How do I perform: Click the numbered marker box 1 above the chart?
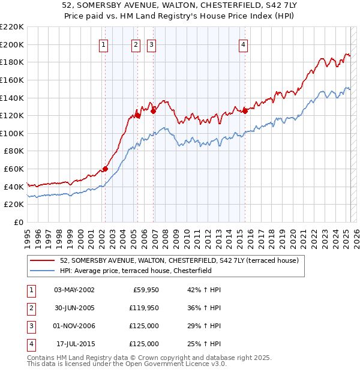104,44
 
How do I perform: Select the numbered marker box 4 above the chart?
243,44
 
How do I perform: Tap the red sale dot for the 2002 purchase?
105,169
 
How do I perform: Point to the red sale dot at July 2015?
245,110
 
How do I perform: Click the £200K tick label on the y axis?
12,44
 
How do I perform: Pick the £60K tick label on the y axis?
14,169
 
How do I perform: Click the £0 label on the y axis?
17,223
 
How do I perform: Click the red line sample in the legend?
42,260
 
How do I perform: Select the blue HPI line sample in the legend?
42,271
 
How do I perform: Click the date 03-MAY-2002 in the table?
74,290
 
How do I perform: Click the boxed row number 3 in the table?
30,326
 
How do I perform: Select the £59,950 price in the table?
145,290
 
